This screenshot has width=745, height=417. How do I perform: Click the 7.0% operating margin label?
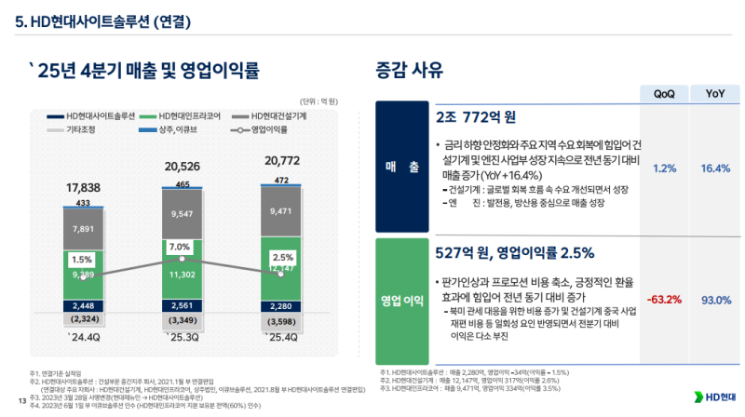click(180, 247)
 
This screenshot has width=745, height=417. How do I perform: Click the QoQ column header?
click(665, 94)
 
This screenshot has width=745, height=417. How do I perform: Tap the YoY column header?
click(715, 94)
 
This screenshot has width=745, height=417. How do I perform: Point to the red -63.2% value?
click(665, 300)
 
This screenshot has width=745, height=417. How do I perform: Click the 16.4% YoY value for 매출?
click(715, 168)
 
